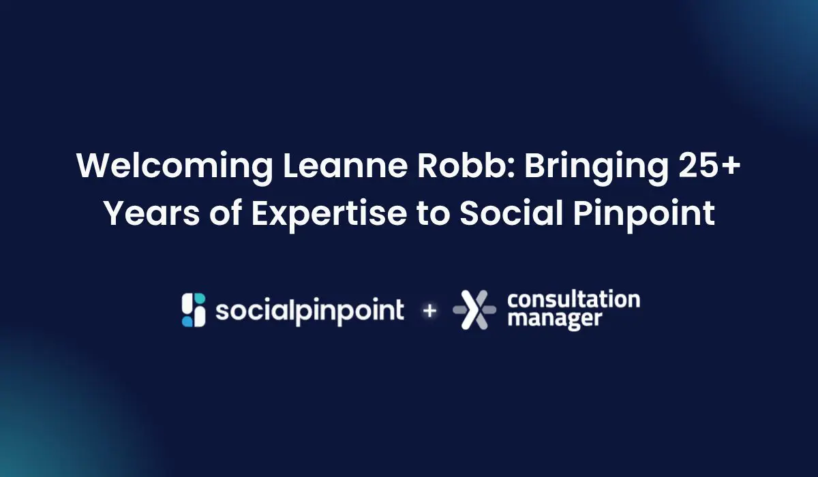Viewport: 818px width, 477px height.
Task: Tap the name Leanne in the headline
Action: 345,166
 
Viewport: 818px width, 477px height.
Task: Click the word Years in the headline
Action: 152,213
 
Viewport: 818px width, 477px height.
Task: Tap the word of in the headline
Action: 226,213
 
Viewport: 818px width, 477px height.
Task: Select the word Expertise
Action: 329,215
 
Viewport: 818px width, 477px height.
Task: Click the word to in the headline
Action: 433,214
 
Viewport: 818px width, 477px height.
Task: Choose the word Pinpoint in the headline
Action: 643,215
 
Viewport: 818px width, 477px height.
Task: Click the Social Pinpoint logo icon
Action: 194,310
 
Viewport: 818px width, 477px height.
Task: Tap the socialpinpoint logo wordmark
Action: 309,312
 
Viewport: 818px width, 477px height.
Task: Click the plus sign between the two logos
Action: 429,311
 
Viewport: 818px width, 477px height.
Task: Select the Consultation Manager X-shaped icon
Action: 474,310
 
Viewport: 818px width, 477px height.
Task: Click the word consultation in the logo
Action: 574,300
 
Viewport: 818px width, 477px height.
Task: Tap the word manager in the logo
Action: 555,319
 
